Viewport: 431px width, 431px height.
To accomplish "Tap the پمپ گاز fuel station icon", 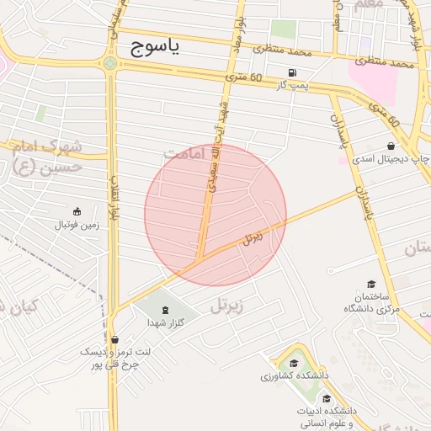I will pos(292,72).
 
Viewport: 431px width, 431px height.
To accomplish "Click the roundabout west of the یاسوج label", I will pos(110,62).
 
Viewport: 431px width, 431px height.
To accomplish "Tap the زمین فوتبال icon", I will pos(77,210).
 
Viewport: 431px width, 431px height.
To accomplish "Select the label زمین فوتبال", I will pos(77,225).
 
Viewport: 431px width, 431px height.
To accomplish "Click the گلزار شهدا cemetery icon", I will pos(164,310).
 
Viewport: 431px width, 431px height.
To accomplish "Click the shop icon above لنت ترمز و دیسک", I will pos(114,339).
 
